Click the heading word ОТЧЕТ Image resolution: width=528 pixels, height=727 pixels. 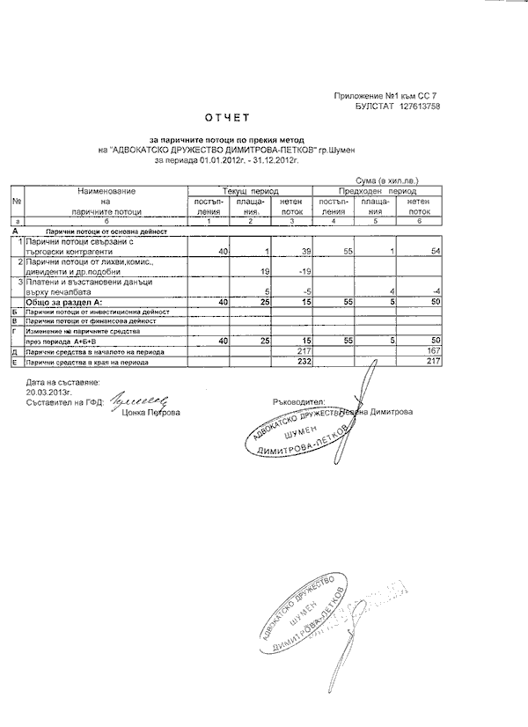tap(228, 117)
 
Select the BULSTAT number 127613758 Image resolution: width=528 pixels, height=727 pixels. tap(416, 106)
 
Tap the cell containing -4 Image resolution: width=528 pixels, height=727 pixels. tap(434, 291)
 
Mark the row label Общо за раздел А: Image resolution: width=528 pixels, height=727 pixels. tap(63, 301)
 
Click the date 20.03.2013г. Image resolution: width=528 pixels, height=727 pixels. tap(50, 393)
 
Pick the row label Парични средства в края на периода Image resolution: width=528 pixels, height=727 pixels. tap(85, 361)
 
